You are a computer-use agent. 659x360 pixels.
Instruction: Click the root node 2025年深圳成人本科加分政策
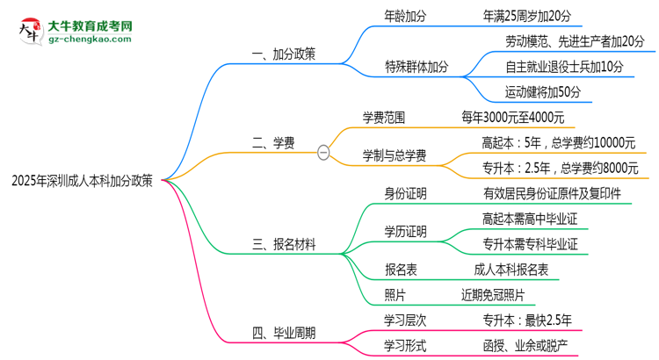pyautogui.click(x=83, y=182)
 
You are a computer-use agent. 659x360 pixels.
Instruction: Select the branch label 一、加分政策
pyautogui.click(x=284, y=54)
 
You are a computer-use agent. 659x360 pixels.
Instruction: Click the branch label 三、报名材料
pyautogui.click(x=284, y=243)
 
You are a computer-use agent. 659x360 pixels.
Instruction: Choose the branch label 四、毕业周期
pyautogui.click(x=284, y=333)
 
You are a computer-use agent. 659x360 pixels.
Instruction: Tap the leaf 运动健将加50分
pyautogui.click(x=542, y=90)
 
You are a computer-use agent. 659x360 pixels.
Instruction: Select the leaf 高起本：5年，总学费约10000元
pyautogui.click(x=558, y=143)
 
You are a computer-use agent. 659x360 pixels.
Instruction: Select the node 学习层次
pyautogui.click(x=405, y=319)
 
